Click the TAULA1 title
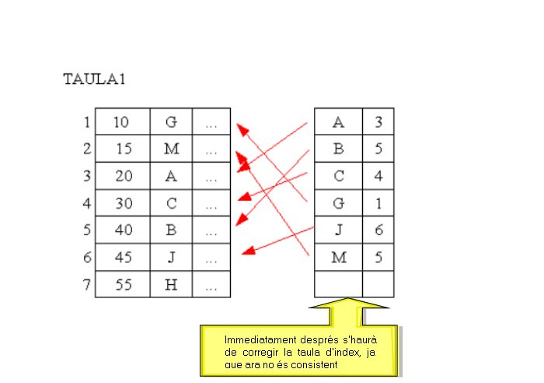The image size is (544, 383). pyautogui.click(x=94, y=79)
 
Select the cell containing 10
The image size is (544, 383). pyautogui.click(x=122, y=121)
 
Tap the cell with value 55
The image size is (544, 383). pyautogui.click(x=124, y=284)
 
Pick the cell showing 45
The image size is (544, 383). pyautogui.click(x=124, y=257)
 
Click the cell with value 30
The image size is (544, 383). pyautogui.click(x=124, y=203)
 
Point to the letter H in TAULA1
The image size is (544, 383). pyautogui.click(x=171, y=284)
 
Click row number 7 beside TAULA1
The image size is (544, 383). pyautogui.click(x=86, y=284)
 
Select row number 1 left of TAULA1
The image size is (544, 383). pyautogui.click(x=86, y=121)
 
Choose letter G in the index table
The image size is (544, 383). pyautogui.click(x=338, y=203)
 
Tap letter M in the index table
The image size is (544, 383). pyautogui.click(x=338, y=257)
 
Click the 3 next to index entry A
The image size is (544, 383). pyautogui.click(x=378, y=121)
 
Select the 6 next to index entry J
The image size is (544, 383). pyautogui.click(x=378, y=230)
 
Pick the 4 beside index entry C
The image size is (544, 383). pyautogui.click(x=378, y=176)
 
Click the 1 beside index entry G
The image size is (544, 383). pyautogui.click(x=378, y=203)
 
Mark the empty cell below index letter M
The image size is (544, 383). pyautogui.click(x=338, y=283)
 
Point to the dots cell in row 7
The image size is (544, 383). pyautogui.click(x=211, y=284)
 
